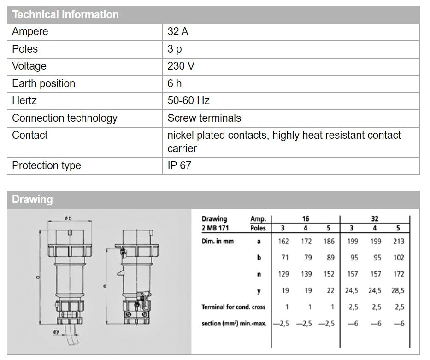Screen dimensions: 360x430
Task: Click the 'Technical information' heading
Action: click(x=65, y=14)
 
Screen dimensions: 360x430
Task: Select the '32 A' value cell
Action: click(x=178, y=32)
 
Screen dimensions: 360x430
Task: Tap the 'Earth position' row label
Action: click(x=43, y=83)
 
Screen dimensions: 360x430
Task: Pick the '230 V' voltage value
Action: click(x=181, y=66)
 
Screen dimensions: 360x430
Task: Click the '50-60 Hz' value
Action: click(x=188, y=100)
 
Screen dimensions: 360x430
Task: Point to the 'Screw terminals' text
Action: click(x=204, y=118)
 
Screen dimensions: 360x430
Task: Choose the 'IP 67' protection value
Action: click(x=179, y=165)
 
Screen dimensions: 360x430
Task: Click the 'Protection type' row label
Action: click(x=46, y=165)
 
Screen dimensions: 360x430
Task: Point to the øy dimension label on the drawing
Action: click(x=56, y=332)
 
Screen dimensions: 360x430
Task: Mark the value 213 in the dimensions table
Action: click(x=399, y=241)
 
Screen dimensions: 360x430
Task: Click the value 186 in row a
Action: click(x=329, y=241)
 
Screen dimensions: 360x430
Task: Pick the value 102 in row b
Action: click(x=399, y=258)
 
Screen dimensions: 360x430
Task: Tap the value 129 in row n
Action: click(x=283, y=274)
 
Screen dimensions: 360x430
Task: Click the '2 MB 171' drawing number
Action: click(x=215, y=228)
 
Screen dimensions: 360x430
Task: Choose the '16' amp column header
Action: click(x=306, y=219)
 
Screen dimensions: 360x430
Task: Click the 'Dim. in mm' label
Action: click(x=218, y=241)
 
